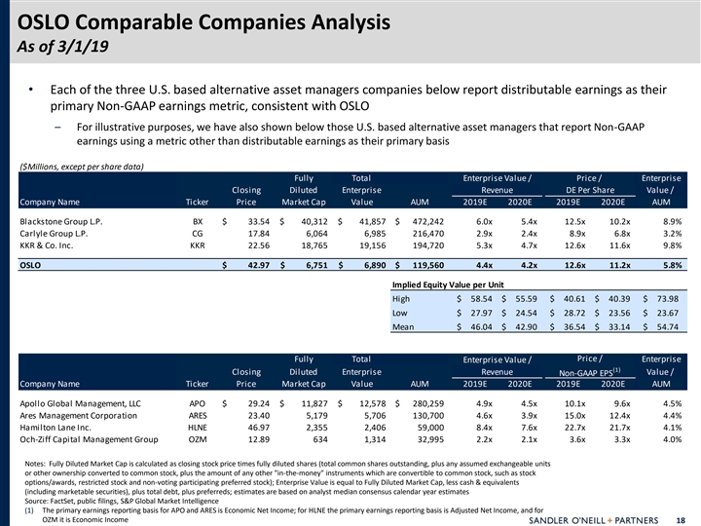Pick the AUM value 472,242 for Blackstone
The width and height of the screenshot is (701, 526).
[424, 221]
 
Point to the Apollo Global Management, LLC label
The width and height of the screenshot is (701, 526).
[81, 402]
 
